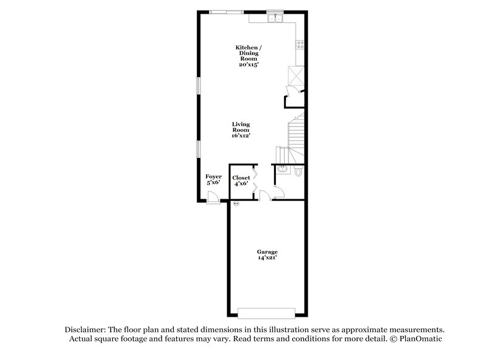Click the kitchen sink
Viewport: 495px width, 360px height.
click(274, 19)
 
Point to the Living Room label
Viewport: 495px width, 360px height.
click(241, 127)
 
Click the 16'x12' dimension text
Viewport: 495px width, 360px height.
click(241, 136)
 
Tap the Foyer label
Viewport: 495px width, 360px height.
click(213, 177)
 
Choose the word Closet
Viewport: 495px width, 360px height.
click(241, 178)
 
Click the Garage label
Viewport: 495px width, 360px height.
click(267, 252)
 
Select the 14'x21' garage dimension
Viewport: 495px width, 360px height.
click(267, 258)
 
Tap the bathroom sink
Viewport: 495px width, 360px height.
click(282, 168)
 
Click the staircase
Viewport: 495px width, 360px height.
click(294, 133)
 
